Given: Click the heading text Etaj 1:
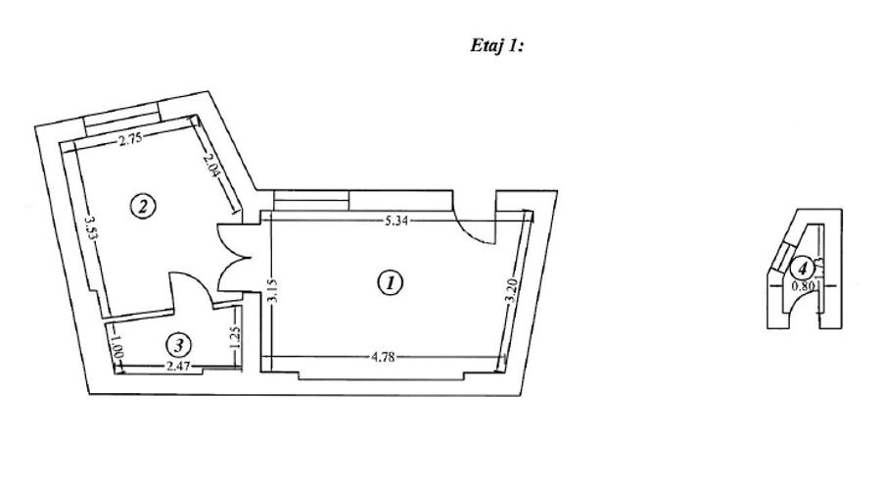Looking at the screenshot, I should coord(497,46).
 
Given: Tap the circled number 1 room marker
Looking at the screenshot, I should coord(391,283).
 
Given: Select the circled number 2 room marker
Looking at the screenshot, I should coord(144,206).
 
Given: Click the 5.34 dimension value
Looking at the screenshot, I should coord(396,221).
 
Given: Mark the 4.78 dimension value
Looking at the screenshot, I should coord(383,357).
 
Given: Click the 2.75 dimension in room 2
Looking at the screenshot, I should coord(131,139).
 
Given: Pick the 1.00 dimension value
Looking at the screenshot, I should coord(116,346).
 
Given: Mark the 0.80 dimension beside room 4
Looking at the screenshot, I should coord(804,287).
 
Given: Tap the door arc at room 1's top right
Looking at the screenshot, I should coord(474,227).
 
